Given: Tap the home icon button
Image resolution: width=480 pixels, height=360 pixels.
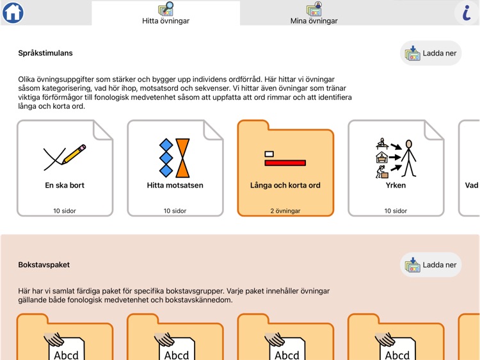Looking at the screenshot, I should [x=13, y=12].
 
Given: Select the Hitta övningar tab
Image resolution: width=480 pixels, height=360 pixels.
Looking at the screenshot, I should [x=166, y=13].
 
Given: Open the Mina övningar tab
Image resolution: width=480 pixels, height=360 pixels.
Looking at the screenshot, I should [x=314, y=13].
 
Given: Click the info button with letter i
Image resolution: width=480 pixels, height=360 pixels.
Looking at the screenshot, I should [x=467, y=13].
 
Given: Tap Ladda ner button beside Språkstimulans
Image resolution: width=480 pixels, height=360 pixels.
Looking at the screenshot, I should [x=431, y=53].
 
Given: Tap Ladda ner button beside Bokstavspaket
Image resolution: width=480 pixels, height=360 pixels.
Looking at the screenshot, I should [x=431, y=265].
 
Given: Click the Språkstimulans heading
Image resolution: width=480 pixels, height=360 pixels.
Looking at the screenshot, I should [x=45, y=53].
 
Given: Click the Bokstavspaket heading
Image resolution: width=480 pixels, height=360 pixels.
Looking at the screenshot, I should [x=44, y=265].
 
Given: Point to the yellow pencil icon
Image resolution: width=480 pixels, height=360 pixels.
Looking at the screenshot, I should [x=75, y=153].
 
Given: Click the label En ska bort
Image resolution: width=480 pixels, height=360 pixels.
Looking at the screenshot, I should [x=65, y=186].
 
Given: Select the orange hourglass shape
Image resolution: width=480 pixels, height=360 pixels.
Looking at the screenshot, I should [x=183, y=158].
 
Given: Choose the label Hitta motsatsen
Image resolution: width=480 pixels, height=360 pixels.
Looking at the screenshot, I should [x=175, y=186].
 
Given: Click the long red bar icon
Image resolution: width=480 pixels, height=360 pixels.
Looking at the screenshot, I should [x=285, y=163].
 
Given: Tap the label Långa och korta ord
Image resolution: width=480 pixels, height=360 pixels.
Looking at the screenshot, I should [x=285, y=186].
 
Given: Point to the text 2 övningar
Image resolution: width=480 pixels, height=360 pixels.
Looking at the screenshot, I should [x=285, y=211].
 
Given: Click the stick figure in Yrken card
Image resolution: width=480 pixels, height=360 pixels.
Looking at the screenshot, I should [x=408, y=158].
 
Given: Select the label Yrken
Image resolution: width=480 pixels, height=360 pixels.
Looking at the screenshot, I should [x=396, y=186].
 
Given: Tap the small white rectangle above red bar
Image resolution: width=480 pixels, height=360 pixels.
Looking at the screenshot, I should [x=269, y=154].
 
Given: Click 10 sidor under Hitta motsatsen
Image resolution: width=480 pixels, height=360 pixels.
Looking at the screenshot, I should [x=175, y=211].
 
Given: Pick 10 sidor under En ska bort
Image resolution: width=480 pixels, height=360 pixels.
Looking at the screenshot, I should [x=65, y=211].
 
